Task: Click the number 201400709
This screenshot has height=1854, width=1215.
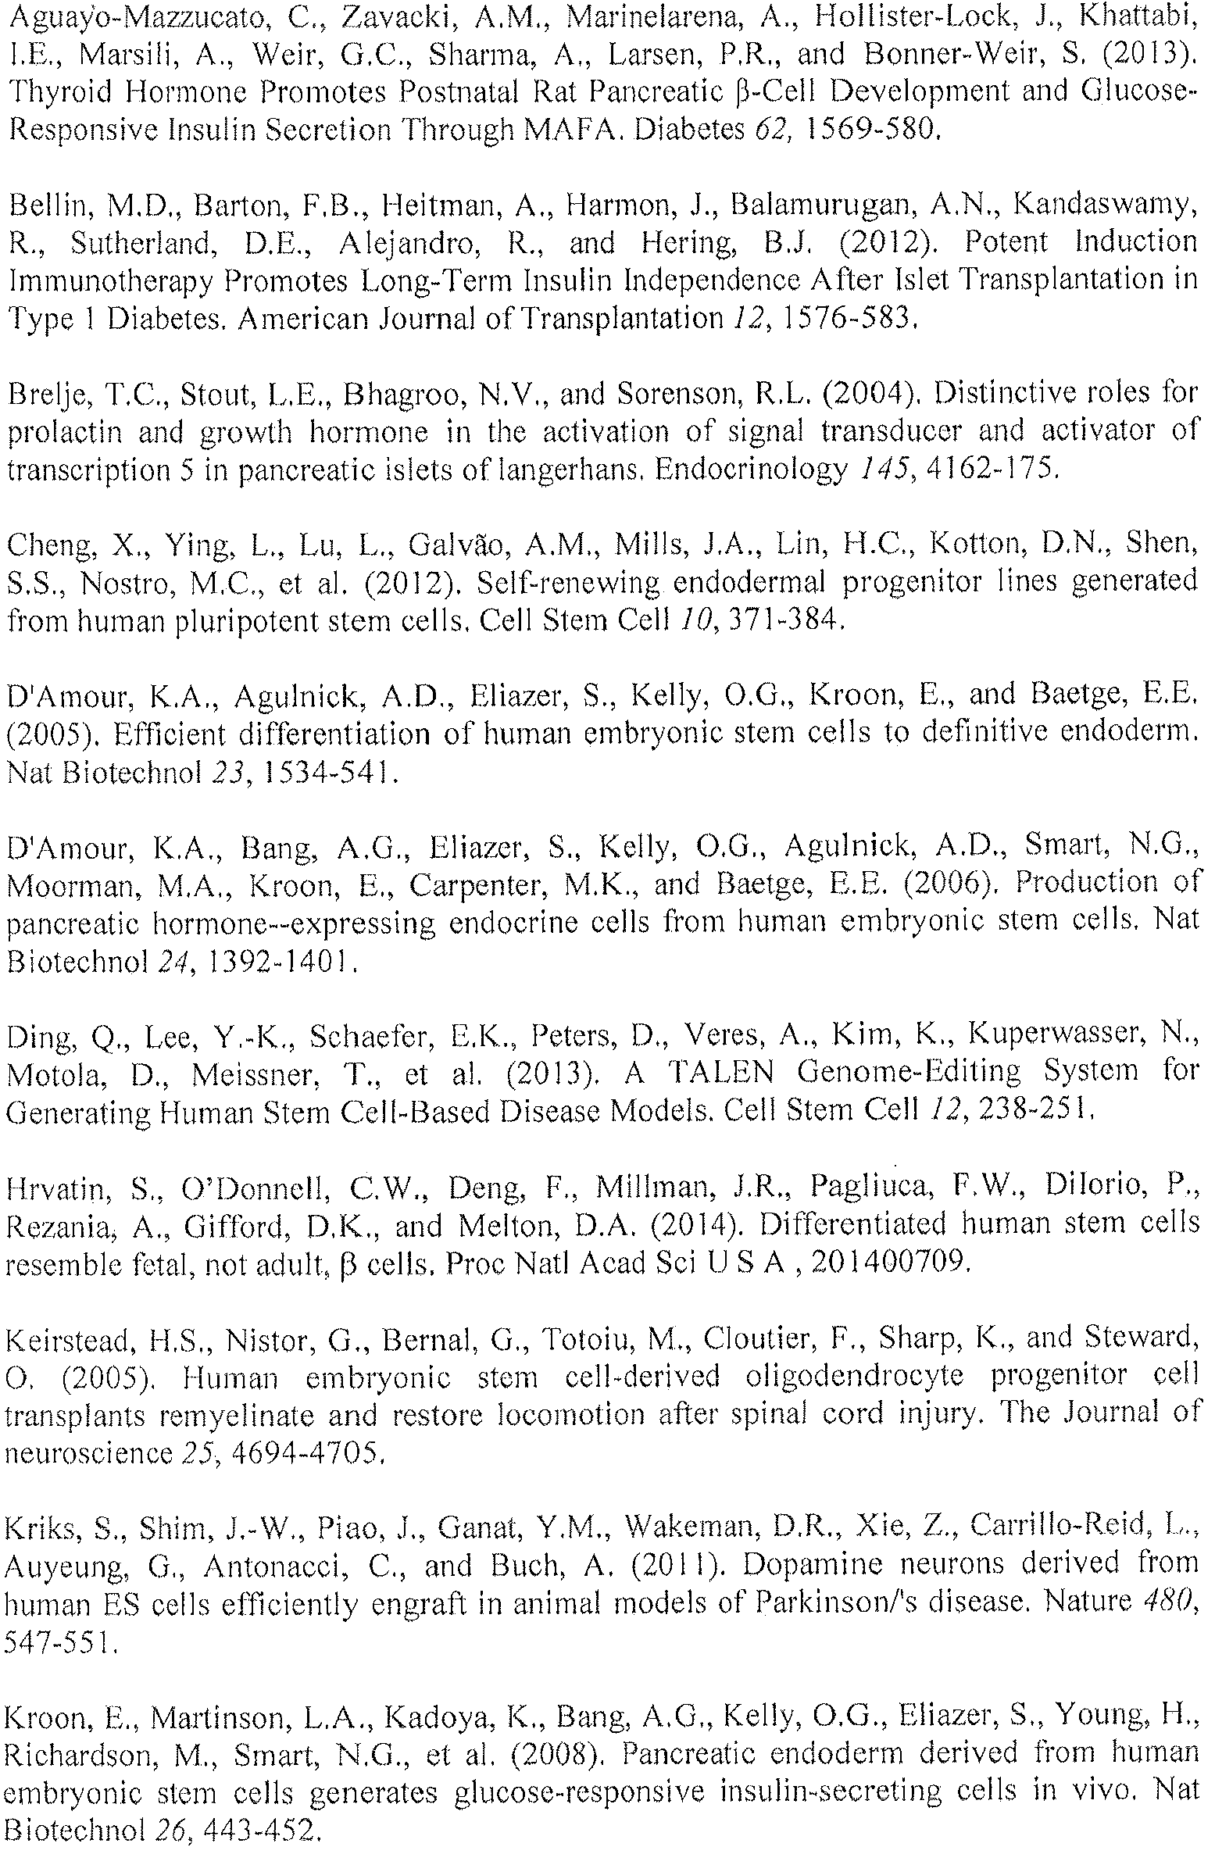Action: point(890,1262)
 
